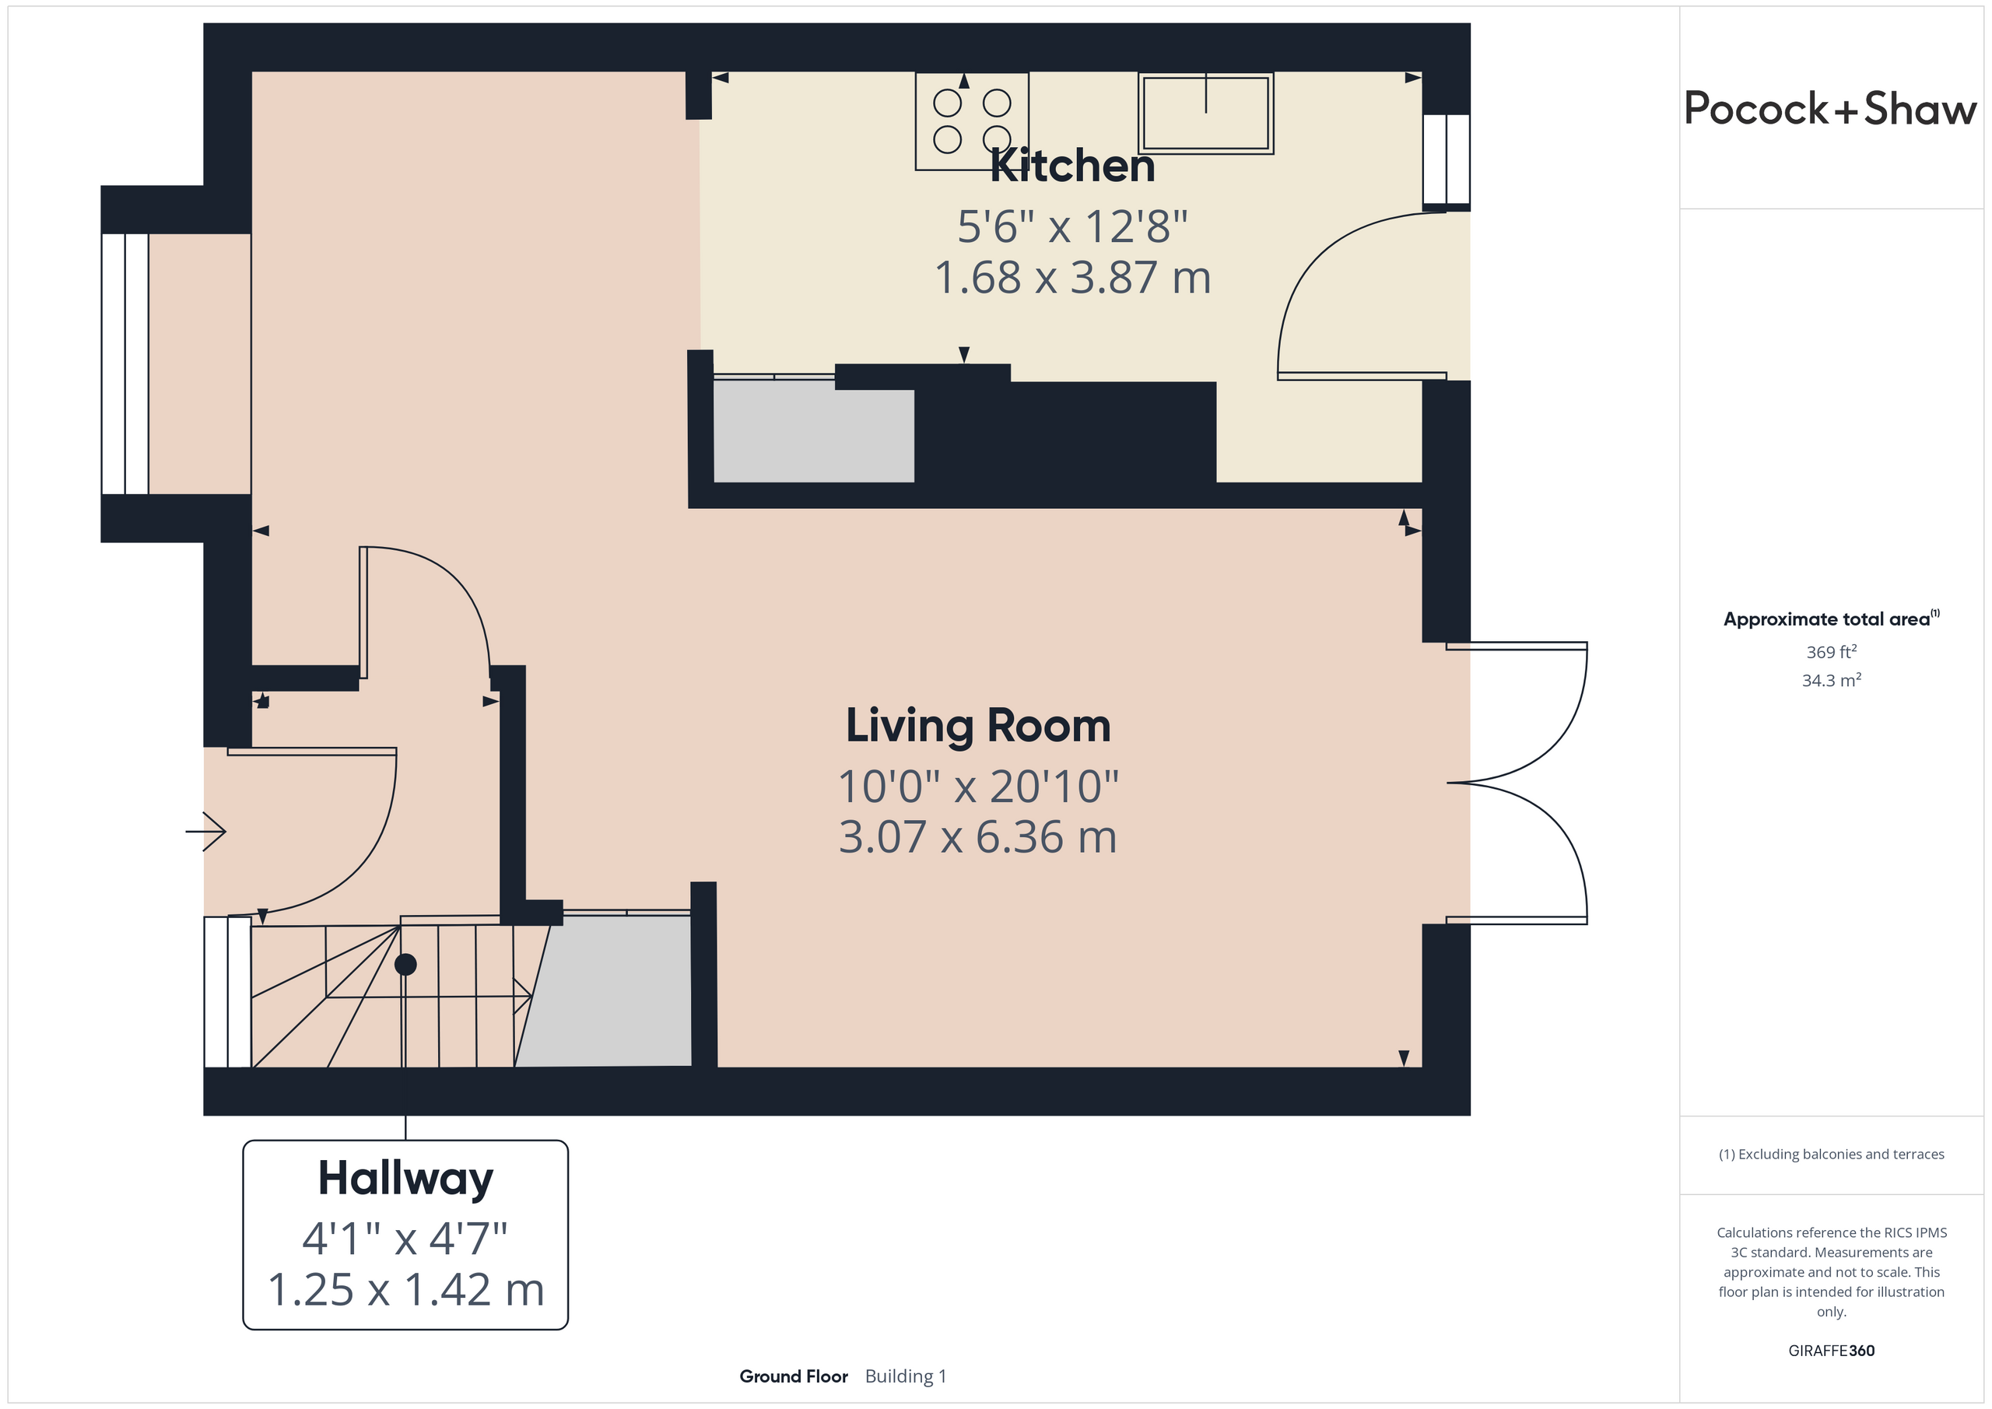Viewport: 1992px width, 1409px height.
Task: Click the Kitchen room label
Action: pos(1072,165)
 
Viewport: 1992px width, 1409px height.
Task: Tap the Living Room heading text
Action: pos(978,725)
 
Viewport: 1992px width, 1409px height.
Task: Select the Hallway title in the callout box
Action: pos(405,1179)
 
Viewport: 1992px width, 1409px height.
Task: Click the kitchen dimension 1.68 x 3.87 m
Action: pos(1072,278)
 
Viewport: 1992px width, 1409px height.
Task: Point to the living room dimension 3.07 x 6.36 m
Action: pos(978,837)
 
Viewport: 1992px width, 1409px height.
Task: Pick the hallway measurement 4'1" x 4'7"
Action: pos(405,1238)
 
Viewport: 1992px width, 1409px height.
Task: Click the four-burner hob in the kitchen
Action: pos(972,121)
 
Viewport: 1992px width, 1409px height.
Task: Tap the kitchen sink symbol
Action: pos(1206,114)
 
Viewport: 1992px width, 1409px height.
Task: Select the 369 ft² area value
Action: pos(1832,651)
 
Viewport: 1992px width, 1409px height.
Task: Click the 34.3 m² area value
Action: pos(1832,680)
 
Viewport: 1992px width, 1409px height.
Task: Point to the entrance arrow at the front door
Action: pos(205,831)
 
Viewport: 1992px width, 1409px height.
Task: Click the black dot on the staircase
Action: pos(405,964)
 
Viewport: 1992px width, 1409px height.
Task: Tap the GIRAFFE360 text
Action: pos(1832,1351)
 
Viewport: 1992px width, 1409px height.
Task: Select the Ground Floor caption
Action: pos(793,1377)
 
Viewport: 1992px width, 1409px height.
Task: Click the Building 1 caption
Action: pos(906,1377)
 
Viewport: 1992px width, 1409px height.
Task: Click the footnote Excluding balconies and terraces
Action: pos(1832,1154)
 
